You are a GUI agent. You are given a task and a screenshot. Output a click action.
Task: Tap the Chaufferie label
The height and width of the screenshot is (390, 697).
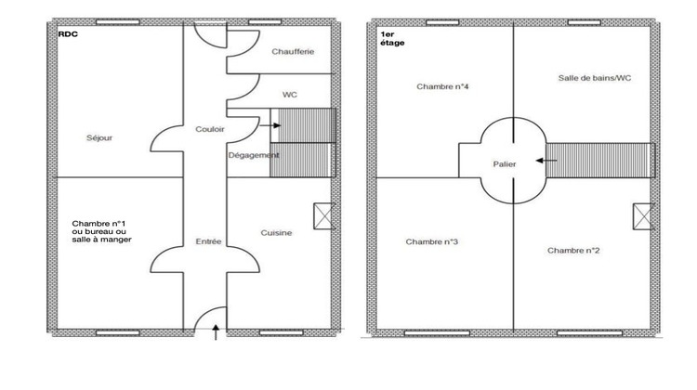tap(293, 52)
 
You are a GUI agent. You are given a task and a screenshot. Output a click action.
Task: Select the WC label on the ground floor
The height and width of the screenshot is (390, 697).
tap(290, 95)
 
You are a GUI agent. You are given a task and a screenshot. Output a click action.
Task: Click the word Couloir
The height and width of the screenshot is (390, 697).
tap(210, 130)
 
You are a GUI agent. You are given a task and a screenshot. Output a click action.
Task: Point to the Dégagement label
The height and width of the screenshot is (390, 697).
tap(254, 155)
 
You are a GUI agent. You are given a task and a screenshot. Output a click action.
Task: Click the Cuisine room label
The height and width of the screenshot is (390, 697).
tap(277, 233)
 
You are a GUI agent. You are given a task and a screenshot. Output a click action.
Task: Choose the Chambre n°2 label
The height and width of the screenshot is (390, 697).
tap(573, 251)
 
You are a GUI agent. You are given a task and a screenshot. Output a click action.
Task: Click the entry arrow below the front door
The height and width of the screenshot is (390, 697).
tap(217, 331)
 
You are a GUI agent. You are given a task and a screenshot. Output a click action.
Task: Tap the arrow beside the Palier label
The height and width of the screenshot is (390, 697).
tap(546, 161)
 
